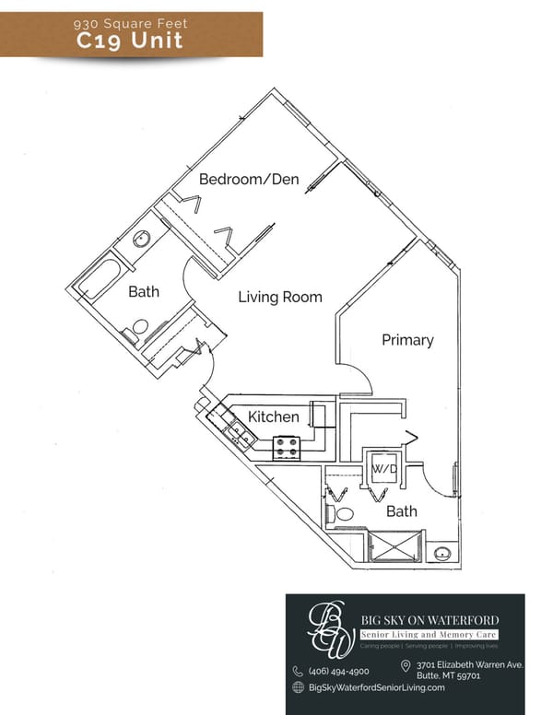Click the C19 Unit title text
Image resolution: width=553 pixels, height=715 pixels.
[x=130, y=41]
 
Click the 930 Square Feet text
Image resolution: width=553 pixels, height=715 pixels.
[x=130, y=21]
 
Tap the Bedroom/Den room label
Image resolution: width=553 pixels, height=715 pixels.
[x=249, y=179]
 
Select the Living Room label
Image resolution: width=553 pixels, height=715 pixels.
[x=280, y=297]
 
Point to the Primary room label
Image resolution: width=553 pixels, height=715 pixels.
[x=407, y=340]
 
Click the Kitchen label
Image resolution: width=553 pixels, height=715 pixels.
[x=274, y=416]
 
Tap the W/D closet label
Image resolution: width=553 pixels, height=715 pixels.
[x=382, y=469]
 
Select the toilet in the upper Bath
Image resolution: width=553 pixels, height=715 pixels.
[x=138, y=327]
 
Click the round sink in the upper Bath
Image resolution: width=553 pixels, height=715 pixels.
[x=142, y=240]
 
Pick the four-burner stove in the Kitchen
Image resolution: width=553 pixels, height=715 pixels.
[x=286, y=448]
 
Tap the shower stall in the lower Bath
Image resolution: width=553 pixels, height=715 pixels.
[x=394, y=545]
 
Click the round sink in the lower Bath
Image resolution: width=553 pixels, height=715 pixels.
[x=442, y=554]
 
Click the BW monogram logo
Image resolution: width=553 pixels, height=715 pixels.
[x=329, y=628]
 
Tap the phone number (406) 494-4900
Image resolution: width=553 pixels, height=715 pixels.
[x=338, y=671]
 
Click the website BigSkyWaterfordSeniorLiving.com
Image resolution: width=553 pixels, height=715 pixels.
[x=377, y=687]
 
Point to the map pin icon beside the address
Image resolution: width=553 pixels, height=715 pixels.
[x=406, y=666]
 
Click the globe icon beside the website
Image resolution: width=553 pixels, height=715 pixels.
[x=298, y=687]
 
